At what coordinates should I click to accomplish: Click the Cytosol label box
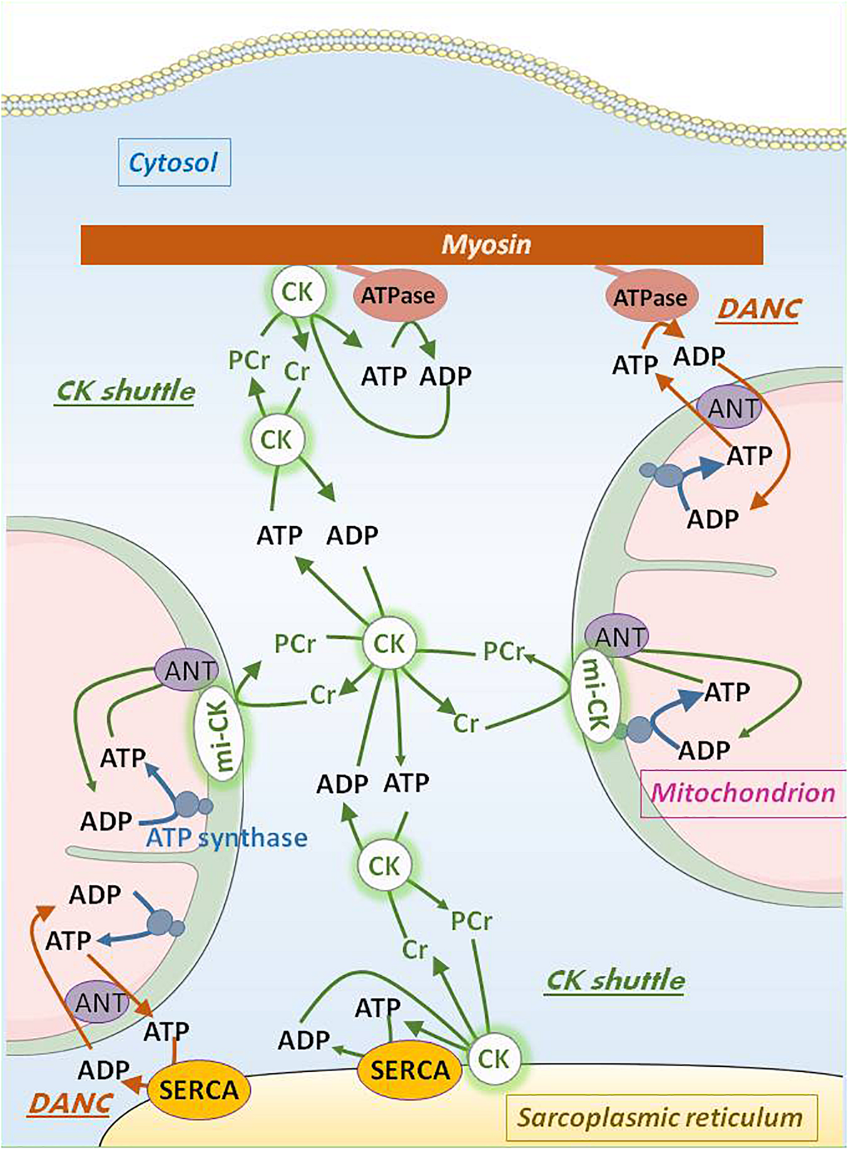[x=174, y=162]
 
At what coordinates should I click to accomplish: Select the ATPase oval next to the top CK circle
[x=398, y=295]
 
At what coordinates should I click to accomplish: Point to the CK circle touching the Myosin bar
[x=298, y=291]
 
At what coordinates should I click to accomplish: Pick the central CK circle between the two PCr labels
[x=388, y=643]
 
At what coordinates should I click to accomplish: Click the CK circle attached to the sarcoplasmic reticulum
[x=494, y=1058]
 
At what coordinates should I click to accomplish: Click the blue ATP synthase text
[x=227, y=838]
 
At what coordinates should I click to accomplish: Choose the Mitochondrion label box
[x=743, y=793]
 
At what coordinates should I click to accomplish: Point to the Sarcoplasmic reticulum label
[x=660, y=1117]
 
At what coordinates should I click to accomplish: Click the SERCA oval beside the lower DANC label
[x=199, y=1090]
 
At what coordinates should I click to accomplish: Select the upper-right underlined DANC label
[x=759, y=309]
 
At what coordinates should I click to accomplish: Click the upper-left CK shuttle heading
[x=125, y=392]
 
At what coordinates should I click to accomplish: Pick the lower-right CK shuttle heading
[x=615, y=981]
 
